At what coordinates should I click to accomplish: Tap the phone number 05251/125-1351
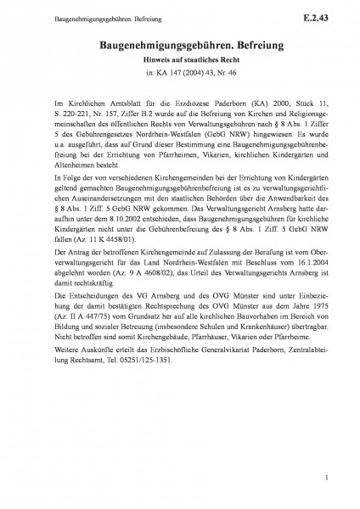[x=138, y=382]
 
